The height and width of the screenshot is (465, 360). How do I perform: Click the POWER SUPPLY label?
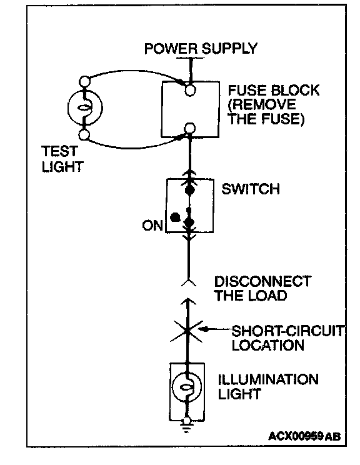click(x=201, y=49)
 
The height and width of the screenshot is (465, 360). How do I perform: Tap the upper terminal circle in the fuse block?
click(x=190, y=90)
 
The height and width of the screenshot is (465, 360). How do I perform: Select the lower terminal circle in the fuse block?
click(x=189, y=128)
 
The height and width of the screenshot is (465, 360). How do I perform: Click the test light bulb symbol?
click(x=85, y=107)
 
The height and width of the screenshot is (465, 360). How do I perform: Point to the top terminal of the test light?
click(x=84, y=81)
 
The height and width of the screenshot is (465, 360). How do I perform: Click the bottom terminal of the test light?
click(x=84, y=134)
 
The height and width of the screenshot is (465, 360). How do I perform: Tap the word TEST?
click(x=59, y=151)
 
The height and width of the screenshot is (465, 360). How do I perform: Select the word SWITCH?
click(x=251, y=189)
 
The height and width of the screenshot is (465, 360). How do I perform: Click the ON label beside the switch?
click(x=152, y=226)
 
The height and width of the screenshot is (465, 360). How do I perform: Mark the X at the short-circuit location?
click(x=187, y=331)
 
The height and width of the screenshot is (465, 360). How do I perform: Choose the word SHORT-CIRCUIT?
click(x=287, y=331)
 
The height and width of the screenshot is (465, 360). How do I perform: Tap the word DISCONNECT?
click(x=262, y=281)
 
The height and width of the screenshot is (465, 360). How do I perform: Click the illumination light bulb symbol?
click(x=187, y=387)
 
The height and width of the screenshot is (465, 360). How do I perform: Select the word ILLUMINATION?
click(x=268, y=379)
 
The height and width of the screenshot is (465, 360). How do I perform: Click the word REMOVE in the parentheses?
click(x=262, y=104)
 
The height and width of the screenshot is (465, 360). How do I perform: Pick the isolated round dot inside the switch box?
click(x=175, y=217)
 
